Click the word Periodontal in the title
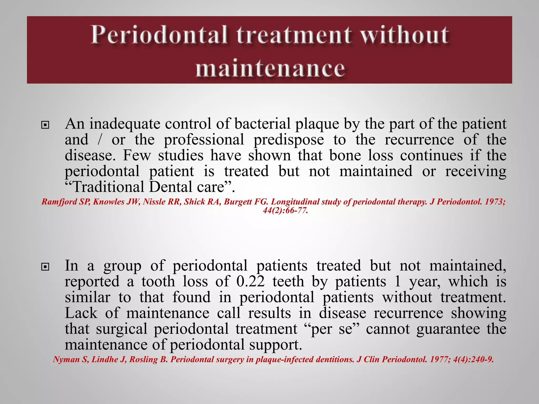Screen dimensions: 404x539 point(159,35)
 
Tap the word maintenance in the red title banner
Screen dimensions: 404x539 point(270,69)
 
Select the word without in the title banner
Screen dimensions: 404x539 point(404,35)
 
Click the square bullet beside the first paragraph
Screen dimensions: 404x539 point(45,125)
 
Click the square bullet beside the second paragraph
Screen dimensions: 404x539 point(45,267)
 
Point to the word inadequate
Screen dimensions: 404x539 point(125,124)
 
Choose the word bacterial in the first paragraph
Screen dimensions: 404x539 point(262,124)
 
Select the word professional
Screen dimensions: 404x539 point(204,139)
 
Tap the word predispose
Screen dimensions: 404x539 point(289,140)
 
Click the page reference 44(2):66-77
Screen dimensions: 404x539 point(285,210)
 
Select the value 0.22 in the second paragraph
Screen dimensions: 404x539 point(251,281)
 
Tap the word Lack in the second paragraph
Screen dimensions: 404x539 point(81,313)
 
